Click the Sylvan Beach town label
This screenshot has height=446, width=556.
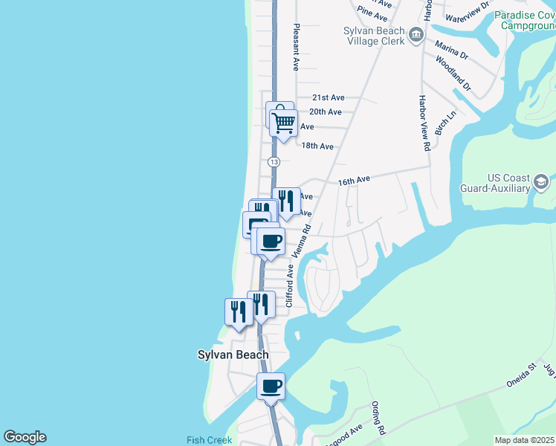(x=233, y=355)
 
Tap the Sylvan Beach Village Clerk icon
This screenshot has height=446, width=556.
(x=416, y=34)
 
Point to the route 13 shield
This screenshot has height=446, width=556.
(x=274, y=161)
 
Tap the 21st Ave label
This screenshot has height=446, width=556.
(x=329, y=97)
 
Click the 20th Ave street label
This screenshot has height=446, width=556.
(x=325, y=112)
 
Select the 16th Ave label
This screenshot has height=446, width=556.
(x=354, y=181)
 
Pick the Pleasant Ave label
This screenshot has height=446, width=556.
(x=296, y=47)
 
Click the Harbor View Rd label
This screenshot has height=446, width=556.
(x=424, y=123)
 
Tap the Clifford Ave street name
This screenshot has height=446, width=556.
(x=291, y=284)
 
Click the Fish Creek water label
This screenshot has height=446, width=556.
(x=210, y=440)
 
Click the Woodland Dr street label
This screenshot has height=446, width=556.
(x=453, y=73)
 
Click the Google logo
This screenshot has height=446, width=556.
(x=25, y=437)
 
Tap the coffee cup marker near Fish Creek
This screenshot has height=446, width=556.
(x=271, y=387)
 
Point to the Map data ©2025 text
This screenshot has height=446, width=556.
(x=525, y=441)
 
